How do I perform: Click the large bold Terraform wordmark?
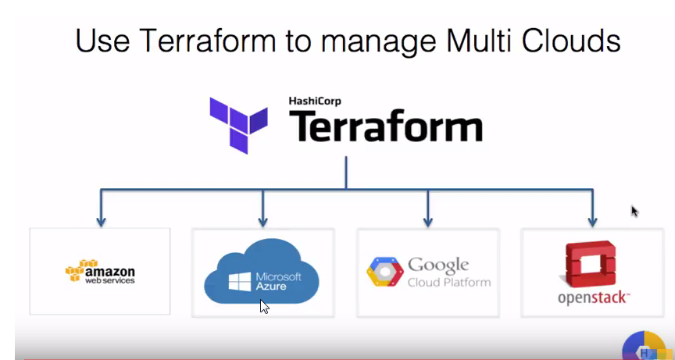point(385,128)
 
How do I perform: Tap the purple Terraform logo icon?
point(238,124)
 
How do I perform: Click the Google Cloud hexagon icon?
point(384,271)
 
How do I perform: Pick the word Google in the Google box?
point(438,265)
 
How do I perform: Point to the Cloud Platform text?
point(449,282)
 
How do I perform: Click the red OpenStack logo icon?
point(591,265)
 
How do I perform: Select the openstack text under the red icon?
point(593,298)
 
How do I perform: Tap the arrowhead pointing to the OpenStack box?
point(592,221)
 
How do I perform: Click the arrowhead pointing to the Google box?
point(427,221)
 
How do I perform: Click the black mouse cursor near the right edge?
point(634,211)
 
